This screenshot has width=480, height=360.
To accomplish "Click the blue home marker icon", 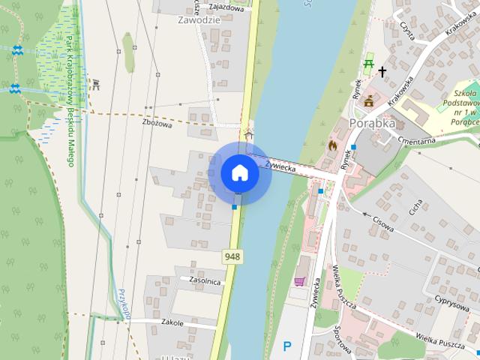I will [x=239, y=172].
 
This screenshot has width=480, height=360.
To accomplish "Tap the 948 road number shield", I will [x=232, y=257].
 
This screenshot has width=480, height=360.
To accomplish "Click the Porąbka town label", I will [x=372, y=123].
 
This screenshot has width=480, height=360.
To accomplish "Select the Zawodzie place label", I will [x=199, y=20].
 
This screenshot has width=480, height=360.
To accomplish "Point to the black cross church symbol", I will [x=382, y=72].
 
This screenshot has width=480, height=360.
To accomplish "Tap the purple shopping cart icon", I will [x=299, y=281].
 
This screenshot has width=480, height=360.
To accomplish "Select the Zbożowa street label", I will [x=157, y=124].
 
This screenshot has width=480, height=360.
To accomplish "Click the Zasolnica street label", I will [x=205, y=281].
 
